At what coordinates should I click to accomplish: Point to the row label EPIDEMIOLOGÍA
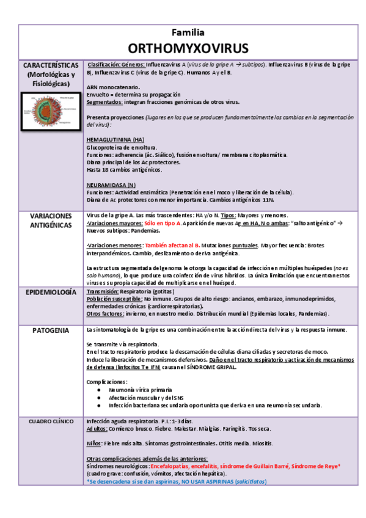click(x=50, y=293)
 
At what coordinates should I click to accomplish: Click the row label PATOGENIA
click(x=50, y=330)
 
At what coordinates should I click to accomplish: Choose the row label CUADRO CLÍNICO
click(x=50, y=421)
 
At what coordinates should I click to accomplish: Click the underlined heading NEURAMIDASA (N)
click(x=111, y=184)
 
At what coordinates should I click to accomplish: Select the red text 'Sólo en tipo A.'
click(x=163, y=223)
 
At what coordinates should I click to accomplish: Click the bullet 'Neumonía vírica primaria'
click(x=140, y=390)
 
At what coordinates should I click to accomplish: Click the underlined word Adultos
click(x=97, y=429)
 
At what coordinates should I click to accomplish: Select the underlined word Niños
click(x=94, y=443)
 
